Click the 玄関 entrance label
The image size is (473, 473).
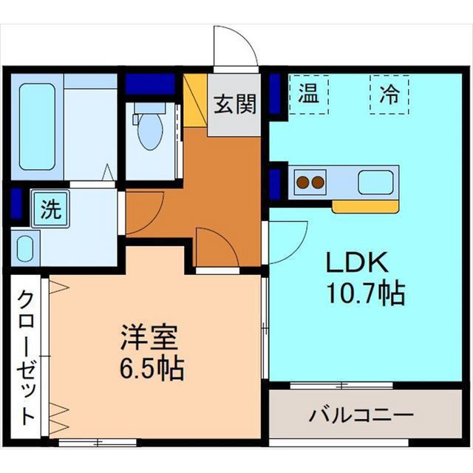pos(235,105)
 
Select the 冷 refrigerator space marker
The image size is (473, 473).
pos(388,95)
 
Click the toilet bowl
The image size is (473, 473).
pos(150,130)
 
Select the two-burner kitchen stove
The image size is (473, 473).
pos(310,181)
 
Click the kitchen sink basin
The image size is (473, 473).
pos(375,181)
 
